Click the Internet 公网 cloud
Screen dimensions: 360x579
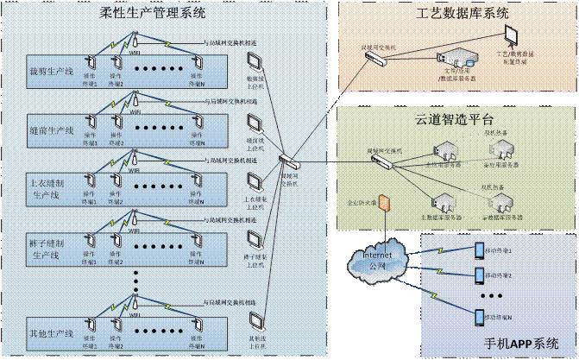pyautogui.click(x=373, y=258)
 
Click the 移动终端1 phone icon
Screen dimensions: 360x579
pyautogui.click(x=479, y=251)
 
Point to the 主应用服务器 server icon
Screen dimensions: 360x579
pyautogui.click(x=440, y=159)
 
